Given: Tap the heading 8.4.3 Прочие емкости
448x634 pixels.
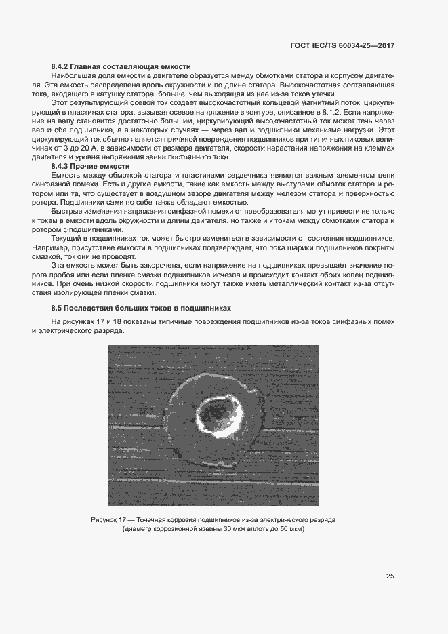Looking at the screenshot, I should point(91,166).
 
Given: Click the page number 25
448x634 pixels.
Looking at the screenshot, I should point(390,576).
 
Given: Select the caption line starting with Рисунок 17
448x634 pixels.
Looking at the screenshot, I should point(213,519).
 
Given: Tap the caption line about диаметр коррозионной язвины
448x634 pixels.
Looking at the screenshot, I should point(213,529).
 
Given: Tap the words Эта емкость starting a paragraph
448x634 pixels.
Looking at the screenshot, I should point(73,266).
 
